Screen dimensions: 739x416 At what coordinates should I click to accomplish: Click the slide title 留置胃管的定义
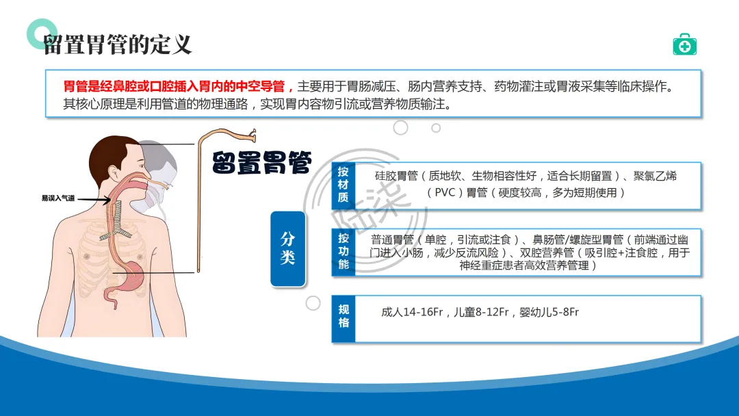118,45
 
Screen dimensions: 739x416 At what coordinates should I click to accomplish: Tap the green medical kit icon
684,44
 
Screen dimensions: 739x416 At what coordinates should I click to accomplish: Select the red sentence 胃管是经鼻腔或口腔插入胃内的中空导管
175,87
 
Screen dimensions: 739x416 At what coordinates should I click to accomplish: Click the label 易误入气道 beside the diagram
58,198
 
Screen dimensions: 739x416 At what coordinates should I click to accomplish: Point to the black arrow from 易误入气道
94,200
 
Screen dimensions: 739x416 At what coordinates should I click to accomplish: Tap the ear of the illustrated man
114,173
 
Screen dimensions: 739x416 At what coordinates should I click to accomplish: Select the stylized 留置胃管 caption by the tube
261,163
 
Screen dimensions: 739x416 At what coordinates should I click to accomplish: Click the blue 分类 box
288,249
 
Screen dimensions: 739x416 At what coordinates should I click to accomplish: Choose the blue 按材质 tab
343,185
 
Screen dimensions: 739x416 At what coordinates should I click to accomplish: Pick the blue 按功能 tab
343,252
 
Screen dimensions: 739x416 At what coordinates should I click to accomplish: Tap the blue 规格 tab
343,318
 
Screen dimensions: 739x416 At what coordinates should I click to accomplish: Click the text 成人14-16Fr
412,313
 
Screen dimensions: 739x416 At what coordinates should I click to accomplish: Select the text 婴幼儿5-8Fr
549,313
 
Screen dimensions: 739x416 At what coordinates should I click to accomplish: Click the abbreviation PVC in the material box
445,193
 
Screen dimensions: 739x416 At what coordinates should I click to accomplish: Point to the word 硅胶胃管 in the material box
396,177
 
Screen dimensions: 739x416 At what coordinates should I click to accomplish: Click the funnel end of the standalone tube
252,136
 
